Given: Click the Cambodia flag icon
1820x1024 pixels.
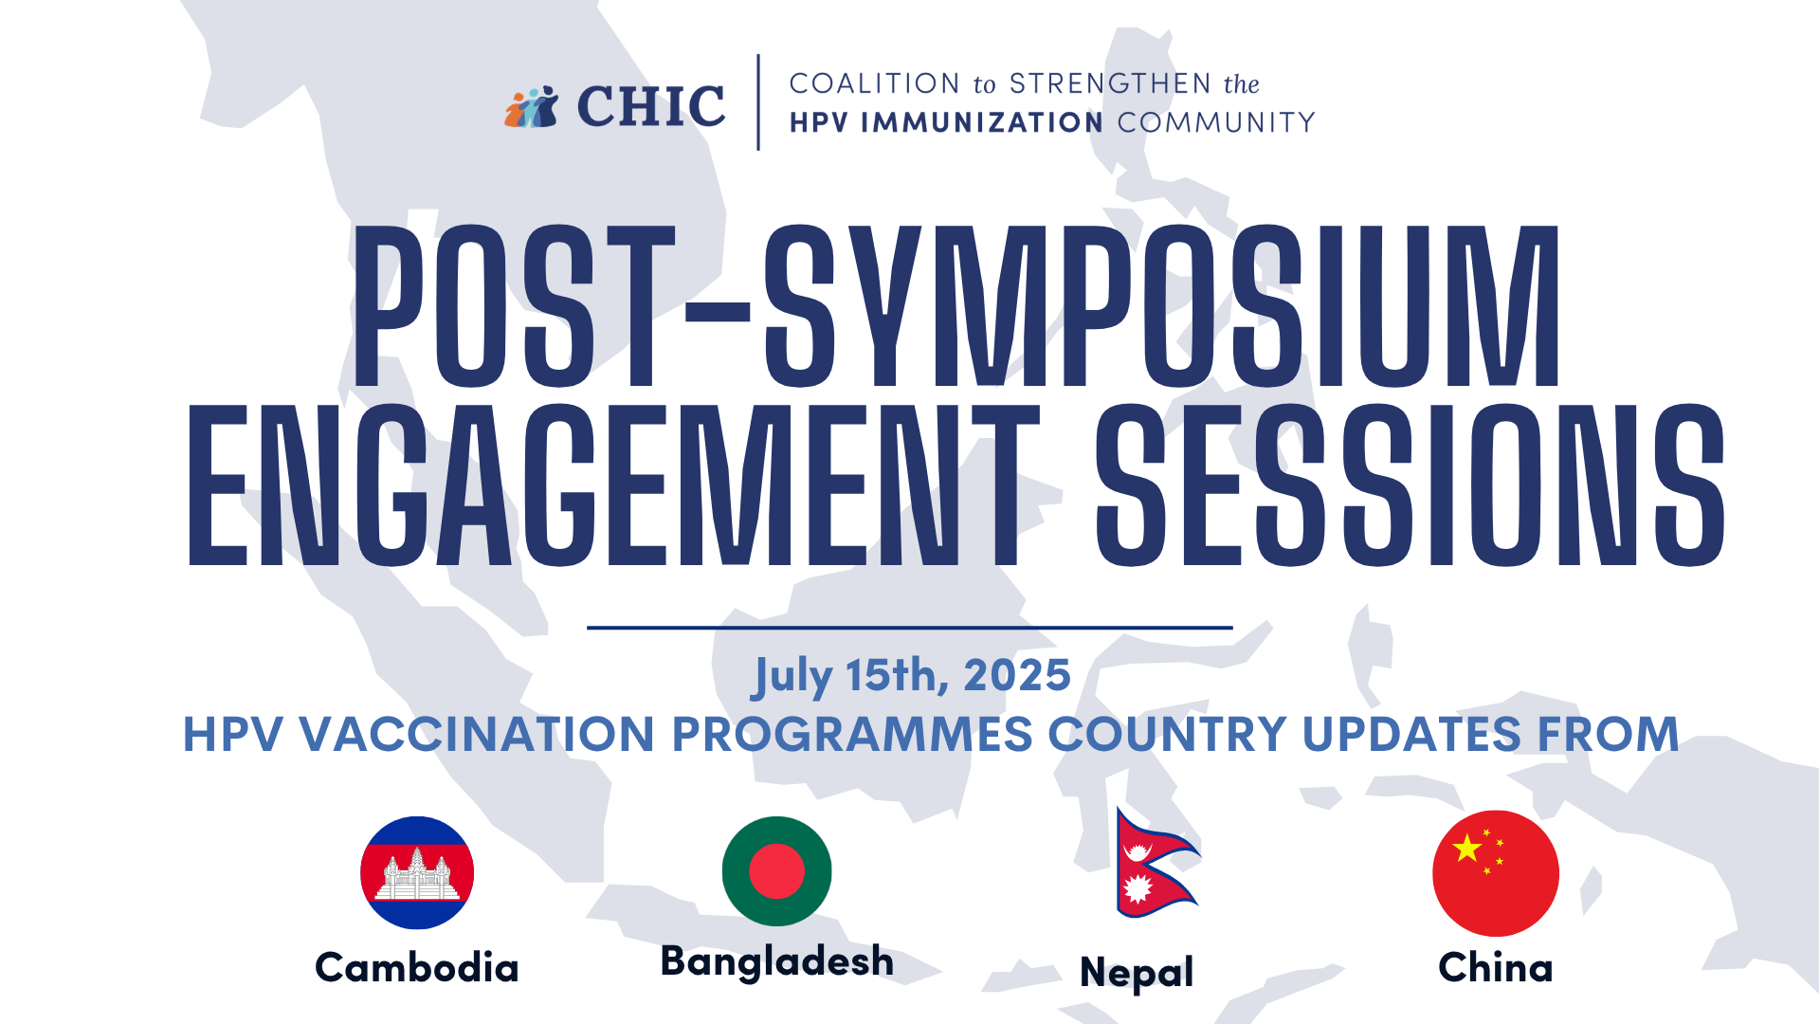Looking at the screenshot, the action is [417, 872].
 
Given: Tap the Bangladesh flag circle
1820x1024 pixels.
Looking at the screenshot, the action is [777, 871].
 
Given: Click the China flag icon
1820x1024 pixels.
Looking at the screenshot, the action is [1496, 873].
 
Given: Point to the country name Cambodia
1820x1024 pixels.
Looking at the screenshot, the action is [417, 968].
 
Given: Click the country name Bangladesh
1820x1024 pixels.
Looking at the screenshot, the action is [777, 961].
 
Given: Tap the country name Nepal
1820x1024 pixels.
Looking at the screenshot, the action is [1137, 973].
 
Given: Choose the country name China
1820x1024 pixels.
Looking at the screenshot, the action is [1496, 968].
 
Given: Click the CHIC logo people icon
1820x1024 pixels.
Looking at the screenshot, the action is [532, 107].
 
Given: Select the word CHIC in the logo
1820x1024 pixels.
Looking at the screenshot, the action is [651, 106].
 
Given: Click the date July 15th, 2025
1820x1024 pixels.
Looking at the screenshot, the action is [911, 676].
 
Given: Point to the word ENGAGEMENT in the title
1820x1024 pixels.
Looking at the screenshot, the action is [613, 485].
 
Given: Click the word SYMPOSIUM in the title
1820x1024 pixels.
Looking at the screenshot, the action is [1162, 306].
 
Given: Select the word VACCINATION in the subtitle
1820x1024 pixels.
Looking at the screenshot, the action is [477, 735].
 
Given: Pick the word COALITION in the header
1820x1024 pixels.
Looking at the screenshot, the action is [875, 83].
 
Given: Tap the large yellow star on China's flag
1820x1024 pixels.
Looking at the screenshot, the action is [1466, 847].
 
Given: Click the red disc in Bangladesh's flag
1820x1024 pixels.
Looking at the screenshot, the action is [776, 871].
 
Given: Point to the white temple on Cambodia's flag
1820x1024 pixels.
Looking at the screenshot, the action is [417, 875].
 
